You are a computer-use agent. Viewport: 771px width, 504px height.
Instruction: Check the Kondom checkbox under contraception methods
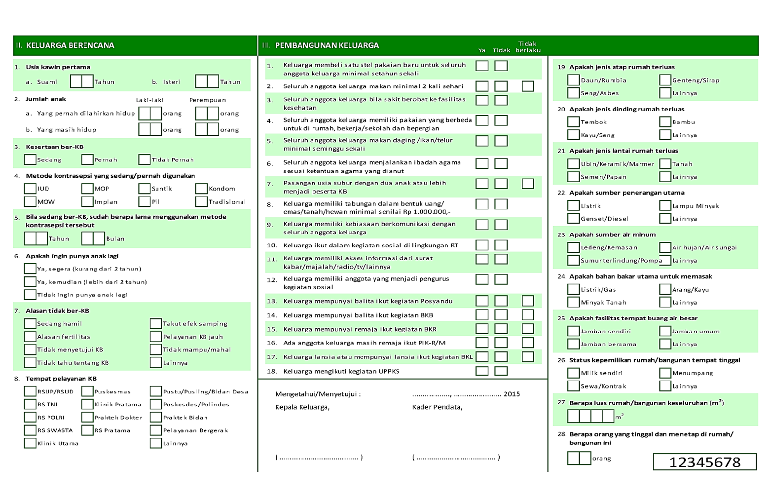pos(201,189)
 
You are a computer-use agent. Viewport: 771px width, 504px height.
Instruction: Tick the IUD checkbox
pos(30,189)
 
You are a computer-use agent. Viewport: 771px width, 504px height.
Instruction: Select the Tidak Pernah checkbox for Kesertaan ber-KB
pos(144,159)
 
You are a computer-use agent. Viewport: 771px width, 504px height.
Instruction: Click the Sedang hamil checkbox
pos(30,323)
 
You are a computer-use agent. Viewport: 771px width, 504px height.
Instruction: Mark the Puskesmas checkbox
pos(87,391)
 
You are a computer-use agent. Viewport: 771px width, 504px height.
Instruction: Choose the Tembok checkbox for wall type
pos(573,121)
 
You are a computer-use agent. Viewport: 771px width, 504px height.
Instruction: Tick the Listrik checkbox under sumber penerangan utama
pos(573,205)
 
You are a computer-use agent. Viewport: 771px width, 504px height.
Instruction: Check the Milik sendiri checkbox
pos(573,373)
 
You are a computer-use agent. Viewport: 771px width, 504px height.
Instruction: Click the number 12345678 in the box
pos(704,462)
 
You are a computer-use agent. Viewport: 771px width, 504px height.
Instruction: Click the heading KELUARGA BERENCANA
pos(70,45)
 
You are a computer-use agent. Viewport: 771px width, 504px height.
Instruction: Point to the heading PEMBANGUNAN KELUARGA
pos(327,45)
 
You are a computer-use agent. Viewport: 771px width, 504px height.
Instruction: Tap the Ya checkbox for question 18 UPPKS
pos(482,371)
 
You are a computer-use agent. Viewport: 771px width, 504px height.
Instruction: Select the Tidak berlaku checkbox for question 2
pos(528,86)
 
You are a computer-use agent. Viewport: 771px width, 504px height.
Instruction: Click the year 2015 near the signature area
pos(512,394)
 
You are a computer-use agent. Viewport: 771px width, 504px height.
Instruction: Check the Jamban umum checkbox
pos(665,331)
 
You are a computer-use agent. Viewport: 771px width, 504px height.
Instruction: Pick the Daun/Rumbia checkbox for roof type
pos(573,80)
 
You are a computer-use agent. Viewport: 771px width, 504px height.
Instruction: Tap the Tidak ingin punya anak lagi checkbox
pos(30,295)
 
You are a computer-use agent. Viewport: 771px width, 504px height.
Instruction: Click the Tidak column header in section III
pos(501,50)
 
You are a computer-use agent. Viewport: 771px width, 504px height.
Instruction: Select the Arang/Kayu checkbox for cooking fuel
pos(665,289)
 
